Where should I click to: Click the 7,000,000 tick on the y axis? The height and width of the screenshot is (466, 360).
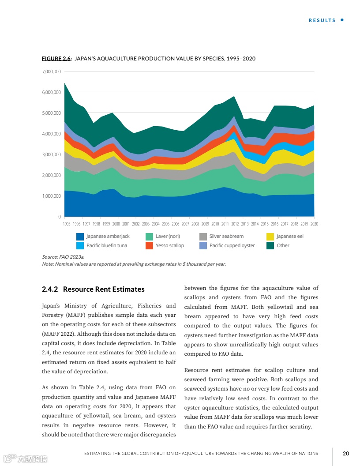pos(52,71)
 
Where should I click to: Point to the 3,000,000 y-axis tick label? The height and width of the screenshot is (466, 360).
pos(52,154)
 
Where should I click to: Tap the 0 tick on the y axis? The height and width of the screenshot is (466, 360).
pos(59,217)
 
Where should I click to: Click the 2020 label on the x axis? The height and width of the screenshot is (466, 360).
pos(314,224)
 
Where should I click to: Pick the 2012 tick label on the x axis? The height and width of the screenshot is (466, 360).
pos(235,224)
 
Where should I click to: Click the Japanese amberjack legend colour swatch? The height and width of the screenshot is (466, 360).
pos(80,237)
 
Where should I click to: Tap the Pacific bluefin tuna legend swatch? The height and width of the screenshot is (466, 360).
pos(80,245)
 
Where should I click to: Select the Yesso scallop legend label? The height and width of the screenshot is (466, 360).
pos(170,245)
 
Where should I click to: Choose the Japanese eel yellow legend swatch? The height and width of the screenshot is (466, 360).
pos(270,237)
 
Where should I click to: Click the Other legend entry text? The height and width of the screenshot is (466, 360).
pos(283,245)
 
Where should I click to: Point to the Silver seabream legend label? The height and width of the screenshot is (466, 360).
pos(226,237)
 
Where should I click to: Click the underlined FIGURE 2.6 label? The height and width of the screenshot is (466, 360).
pos(56,59)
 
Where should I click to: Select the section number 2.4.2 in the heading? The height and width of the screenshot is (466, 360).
pos(50,289)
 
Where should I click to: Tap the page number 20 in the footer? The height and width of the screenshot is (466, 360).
pos(346,453)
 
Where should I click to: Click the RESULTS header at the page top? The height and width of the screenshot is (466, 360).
pos(322,20)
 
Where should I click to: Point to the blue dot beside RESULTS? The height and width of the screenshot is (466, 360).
pos(342,20)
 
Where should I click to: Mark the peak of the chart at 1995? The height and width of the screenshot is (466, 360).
pos(65,83)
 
